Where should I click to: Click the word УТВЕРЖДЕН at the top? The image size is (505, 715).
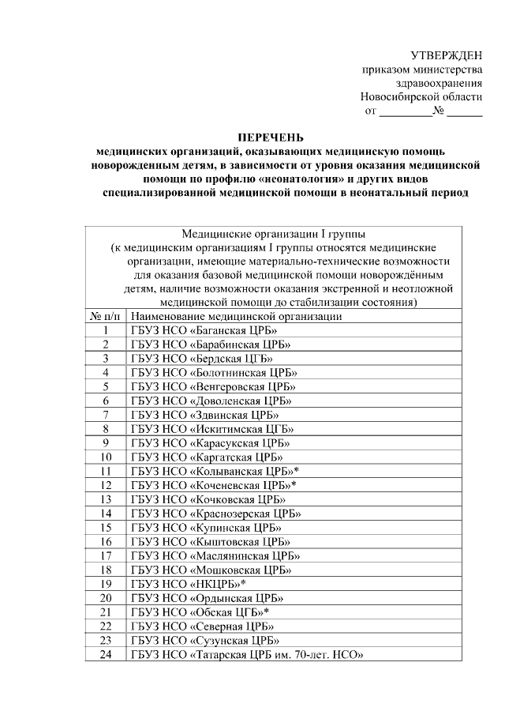[446, 55]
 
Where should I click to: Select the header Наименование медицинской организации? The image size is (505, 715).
[236, 316]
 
